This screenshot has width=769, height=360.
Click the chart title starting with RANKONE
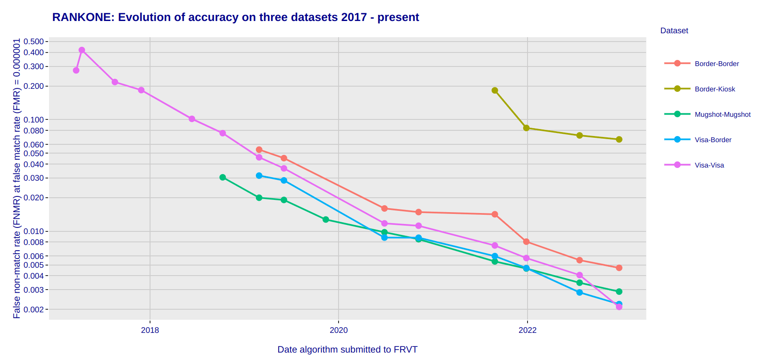(235, 17)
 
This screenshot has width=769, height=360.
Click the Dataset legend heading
(674, 31)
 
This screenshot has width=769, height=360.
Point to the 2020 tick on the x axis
(339, 330)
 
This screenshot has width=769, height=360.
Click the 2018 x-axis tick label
(150, 330)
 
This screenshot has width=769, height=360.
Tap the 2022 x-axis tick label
(528, 330)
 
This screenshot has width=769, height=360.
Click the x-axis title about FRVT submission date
(347, 350)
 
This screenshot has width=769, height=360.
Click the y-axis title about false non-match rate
(17, 178)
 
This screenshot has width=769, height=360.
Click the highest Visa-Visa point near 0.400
(82, 50)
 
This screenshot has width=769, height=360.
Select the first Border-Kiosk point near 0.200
(495, 91)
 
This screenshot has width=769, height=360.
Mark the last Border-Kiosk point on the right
(619, 140)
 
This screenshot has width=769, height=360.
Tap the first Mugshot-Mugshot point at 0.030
(223, 178)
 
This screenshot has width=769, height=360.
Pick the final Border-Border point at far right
(619, 268)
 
